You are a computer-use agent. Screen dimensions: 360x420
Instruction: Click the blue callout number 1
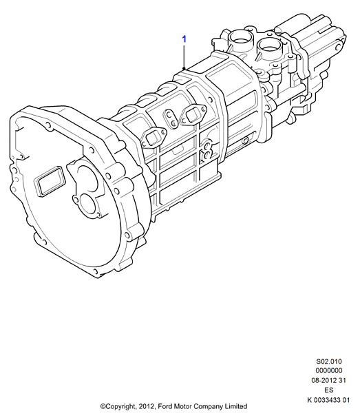(x=184, y=39)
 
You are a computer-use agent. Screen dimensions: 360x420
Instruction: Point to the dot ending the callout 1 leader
(x=184, y=69)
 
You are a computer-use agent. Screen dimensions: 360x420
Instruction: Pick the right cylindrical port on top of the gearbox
(x=268, y=48)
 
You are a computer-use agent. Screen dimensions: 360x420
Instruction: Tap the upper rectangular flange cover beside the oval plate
(x=193, y=115)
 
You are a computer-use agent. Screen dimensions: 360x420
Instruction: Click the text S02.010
(x=329, y=361)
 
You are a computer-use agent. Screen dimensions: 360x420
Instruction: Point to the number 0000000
(x=329, y=370)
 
